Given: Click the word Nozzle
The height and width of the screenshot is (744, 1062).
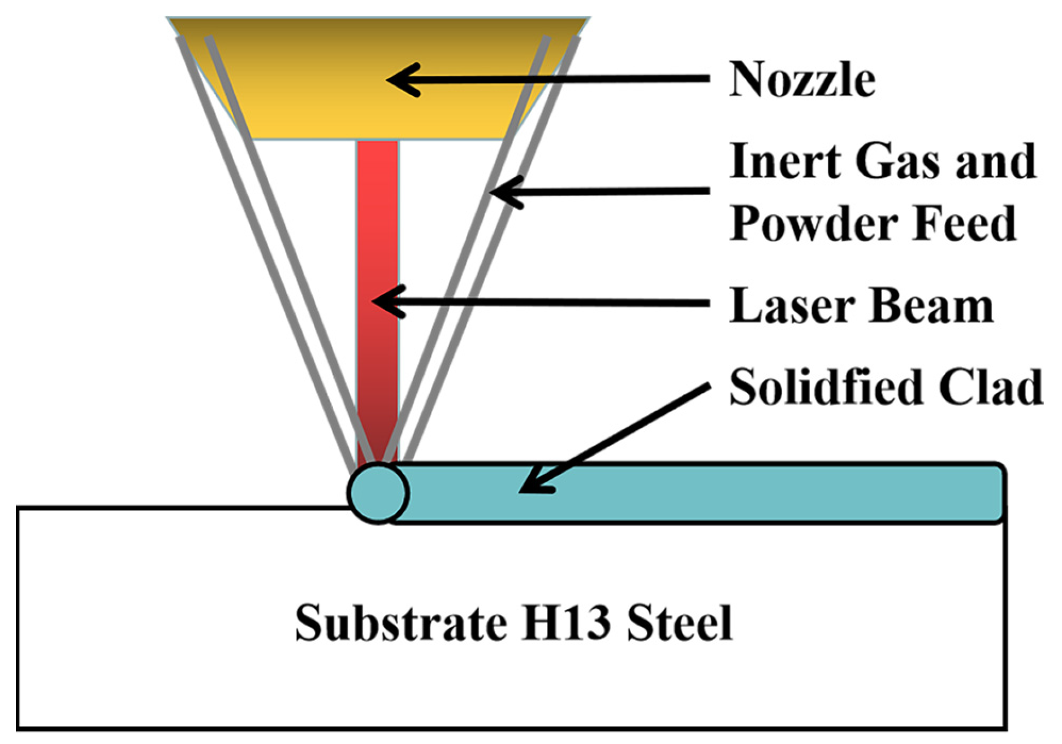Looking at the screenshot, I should click(x=802, y=80).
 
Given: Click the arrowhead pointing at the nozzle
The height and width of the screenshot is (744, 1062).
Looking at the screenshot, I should click(x=402, y=80).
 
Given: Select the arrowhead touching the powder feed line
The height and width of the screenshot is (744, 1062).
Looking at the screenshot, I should click(x=503, y=192).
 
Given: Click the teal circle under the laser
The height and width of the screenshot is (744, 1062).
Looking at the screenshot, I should click(x=378, y=493).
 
